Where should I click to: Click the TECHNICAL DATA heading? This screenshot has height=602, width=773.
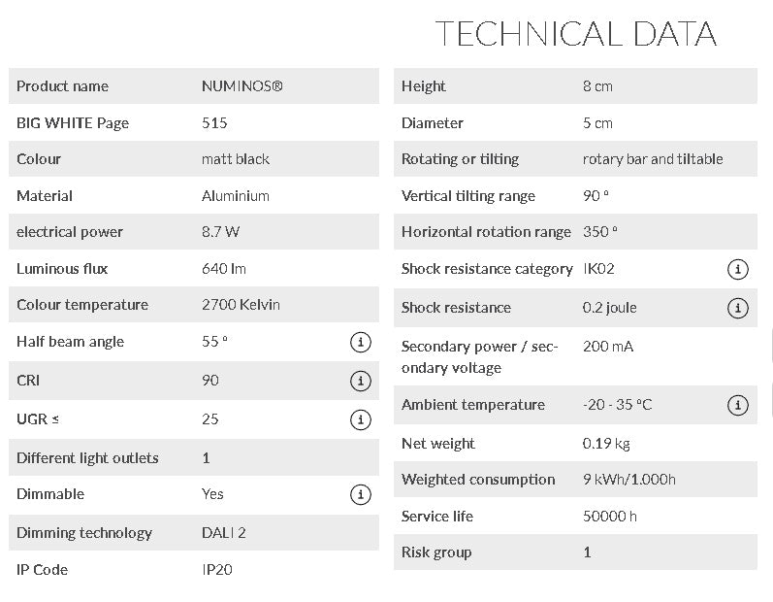click(x=576, y=34)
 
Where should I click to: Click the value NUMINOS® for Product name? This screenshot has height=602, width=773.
click(x=242, y=86)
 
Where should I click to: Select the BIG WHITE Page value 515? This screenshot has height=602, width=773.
click(x=214, y=123)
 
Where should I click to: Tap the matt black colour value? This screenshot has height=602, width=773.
click(x=236, y=159)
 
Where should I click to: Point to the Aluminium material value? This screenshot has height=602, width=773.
click(x=236, y=196)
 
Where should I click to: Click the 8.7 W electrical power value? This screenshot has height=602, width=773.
click(x=222, y=232)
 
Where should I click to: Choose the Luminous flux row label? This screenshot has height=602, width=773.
click(x=62, y=269)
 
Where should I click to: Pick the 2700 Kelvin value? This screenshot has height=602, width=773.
click(x=241, y=305)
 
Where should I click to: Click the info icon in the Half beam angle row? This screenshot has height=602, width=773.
click(x=360, y=342)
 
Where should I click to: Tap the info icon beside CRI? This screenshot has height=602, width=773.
click(x=360, y=381)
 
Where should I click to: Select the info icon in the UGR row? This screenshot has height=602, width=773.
click(x=360, y=419)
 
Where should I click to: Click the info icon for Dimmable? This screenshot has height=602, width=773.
click(x=360, y=494)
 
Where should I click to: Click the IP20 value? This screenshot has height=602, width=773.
click(x=217, y=570)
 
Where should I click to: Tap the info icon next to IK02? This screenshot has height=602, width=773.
click(x=737, y=269)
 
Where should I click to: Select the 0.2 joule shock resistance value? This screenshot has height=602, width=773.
click(x=610, y=308)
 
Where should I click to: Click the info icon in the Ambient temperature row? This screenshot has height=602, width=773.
click(x=737, y=405)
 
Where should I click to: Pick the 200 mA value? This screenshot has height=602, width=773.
click(x=608, y=347)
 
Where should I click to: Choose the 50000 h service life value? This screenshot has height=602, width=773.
click(x=610, y=517)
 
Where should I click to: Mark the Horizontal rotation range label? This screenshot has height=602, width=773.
click(x=486, y=232)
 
